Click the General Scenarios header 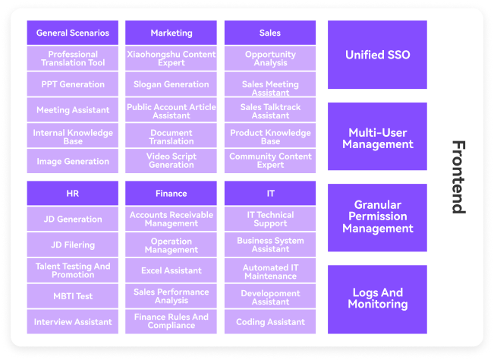click(72, 33)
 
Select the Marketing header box click(171, 33)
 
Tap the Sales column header click(270, 33)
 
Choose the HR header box click(72, 193)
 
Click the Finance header click(171, 193)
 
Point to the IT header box click(270, 193)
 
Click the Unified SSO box click(377, 55)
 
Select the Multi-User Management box click(377, 137)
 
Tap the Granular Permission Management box click(377, 218)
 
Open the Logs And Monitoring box click(377, 299)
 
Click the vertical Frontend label click(458, 177)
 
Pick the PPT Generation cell click(72, 84)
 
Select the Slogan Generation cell click(171, 84)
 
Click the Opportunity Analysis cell click(270, 58)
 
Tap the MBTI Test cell click(72, 296)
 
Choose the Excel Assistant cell click(171, 270)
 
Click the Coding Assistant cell click(270, 322)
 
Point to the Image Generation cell click(72, 162)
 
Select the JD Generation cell click(72, 219)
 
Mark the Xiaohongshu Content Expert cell click(171, 58)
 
